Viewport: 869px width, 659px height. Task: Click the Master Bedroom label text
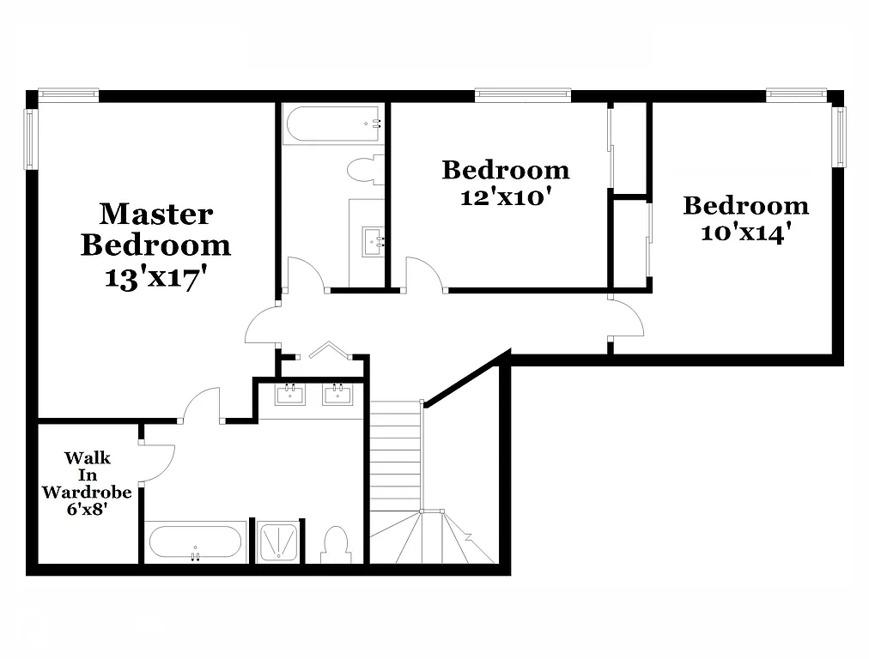click(x=155, y=229)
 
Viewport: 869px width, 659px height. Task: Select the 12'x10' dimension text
click(x=505, y=197)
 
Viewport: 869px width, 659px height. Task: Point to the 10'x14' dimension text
click(x=745, y=233)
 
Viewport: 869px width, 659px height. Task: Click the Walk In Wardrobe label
click(x=87, y=475)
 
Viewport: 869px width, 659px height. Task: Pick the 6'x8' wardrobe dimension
click(x=87, y=509)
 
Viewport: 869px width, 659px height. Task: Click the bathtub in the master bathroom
click(x=195, y=542)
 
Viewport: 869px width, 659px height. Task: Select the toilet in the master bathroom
click(x=335, y=544)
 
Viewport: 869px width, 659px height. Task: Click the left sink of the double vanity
click(x=290, y=394)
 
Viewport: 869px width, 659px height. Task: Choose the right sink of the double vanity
click(x=337, y=394)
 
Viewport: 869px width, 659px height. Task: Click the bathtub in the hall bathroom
click(x=333, y=124)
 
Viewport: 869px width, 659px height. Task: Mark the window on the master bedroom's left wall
click(x=31, y=138)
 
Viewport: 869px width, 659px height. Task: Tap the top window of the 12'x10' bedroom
click(x=523, y=94)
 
